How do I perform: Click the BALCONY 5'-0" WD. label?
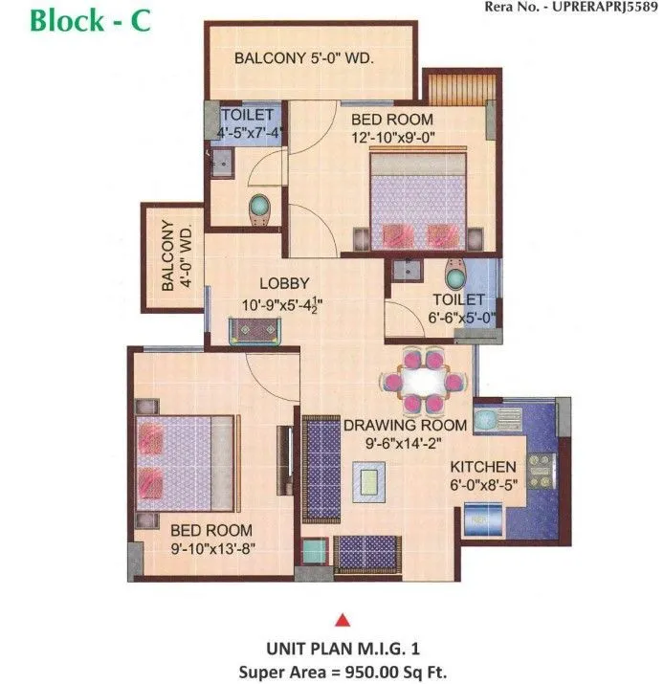pos(303,59)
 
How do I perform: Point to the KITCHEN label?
pos(483,467)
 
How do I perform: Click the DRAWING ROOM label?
pos(406,425)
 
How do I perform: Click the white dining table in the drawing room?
pos(424,380)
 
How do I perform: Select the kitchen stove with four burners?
pos(539,470)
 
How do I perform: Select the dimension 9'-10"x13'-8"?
pos(211,548)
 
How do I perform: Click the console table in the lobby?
pos(255,329)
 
